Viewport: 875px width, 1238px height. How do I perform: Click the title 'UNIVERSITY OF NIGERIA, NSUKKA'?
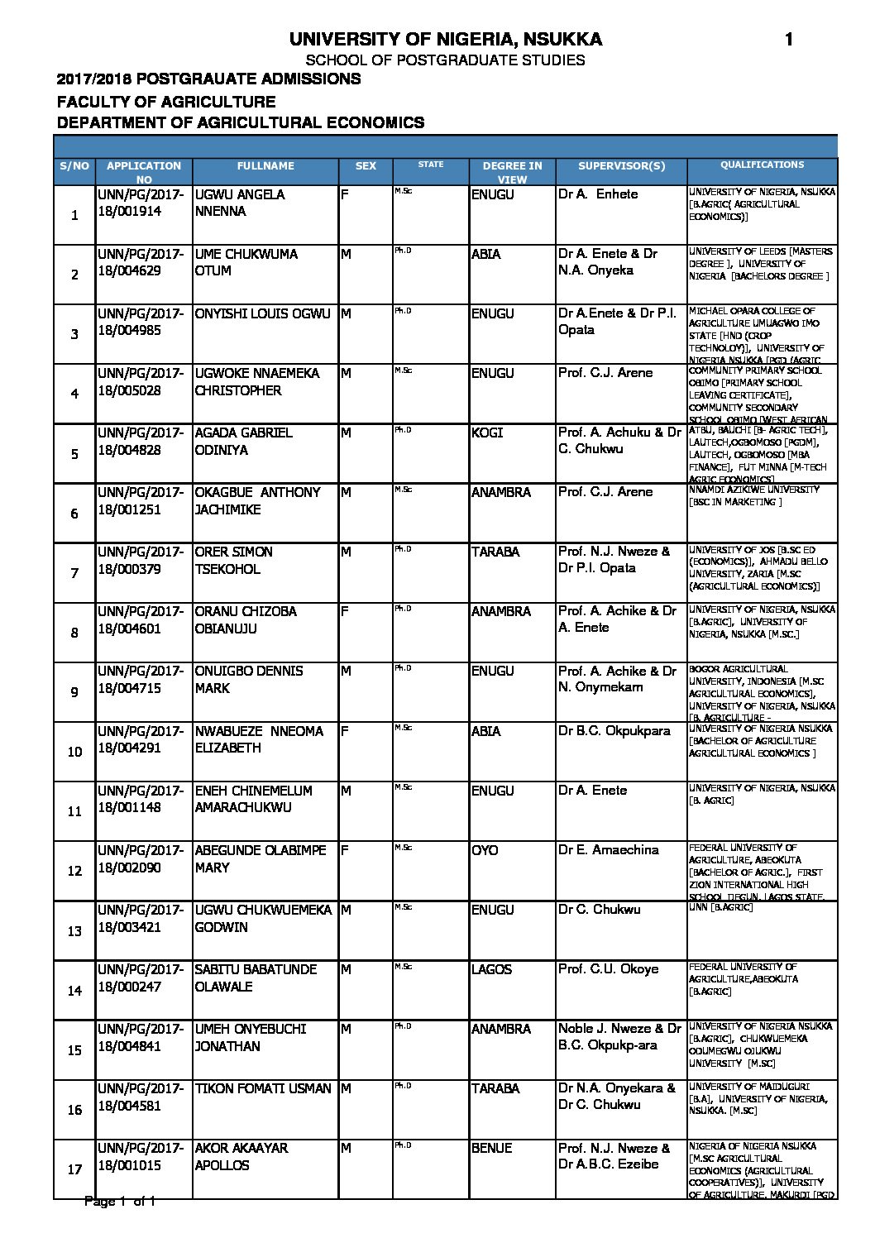445,39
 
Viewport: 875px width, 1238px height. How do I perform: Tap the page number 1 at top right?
788,39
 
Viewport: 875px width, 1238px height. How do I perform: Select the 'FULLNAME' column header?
265,166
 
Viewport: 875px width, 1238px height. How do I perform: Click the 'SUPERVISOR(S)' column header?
621,166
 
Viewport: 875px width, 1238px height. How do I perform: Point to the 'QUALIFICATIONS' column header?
762,165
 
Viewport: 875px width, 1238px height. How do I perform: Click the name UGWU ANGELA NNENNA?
240,203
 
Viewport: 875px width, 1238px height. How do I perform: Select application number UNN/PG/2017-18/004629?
141,262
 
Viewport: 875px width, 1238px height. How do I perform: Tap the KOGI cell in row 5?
487,433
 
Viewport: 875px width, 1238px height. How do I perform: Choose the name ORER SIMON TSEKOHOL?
233,560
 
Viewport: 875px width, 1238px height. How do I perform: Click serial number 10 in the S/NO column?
74,752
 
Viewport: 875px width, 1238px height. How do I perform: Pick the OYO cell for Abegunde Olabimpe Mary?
485,850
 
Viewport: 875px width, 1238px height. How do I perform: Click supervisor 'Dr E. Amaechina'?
608,850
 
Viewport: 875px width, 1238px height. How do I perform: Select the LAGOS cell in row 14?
491,969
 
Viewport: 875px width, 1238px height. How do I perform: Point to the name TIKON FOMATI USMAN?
263,1088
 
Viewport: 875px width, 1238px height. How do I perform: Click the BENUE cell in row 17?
491,1148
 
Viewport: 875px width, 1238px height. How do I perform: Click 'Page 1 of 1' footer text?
120,1201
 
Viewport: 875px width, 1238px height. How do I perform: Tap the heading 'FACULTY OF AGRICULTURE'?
166,102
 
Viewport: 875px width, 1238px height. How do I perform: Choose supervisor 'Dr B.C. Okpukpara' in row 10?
614,731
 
